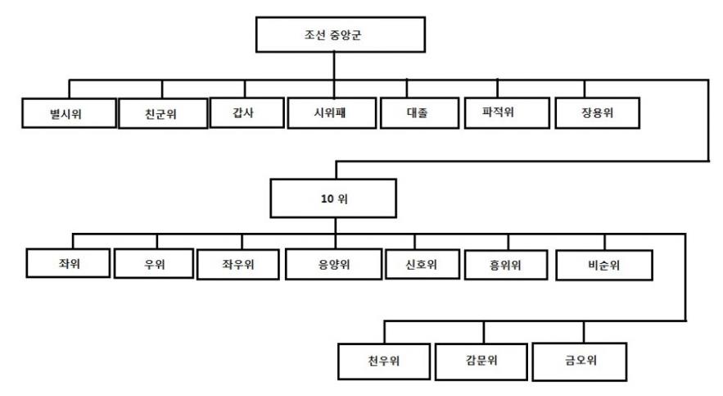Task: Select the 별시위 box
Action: [x=68, y=113]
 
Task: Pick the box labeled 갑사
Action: [x=243, y=112]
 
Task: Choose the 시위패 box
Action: [x=329, y=112]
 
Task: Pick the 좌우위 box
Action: [x=237, y=264]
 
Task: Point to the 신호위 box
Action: [x=421, y=264]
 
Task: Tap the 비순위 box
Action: [x=603, y=264]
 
